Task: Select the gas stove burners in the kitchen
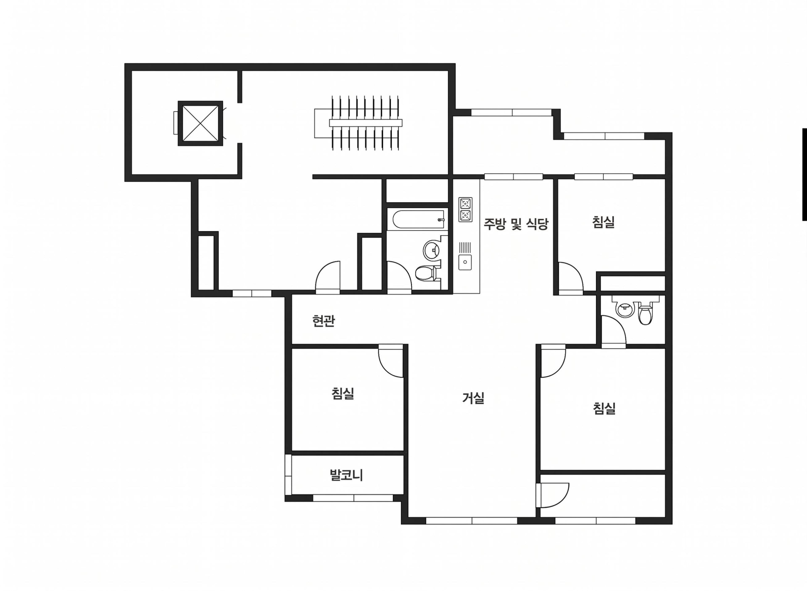tap(465, 210)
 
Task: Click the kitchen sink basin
tap(465, 262)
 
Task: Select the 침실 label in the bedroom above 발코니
tap(343, 394)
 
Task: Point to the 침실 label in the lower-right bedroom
tap(604, 408)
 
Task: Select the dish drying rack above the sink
tap(465, 247)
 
